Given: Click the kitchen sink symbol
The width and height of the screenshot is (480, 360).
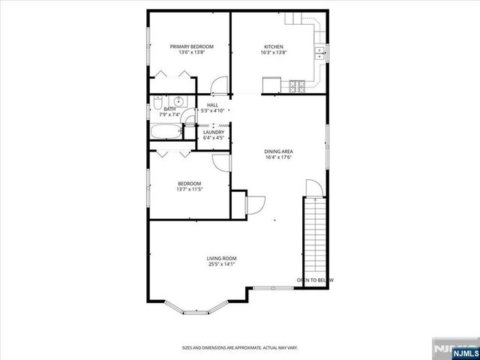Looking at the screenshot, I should [320, 52].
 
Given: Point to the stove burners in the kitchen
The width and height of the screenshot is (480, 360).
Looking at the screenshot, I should [295, 85].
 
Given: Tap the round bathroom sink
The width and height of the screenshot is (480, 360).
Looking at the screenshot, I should [180, 101].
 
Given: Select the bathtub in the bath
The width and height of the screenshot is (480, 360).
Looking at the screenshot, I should [166, 133].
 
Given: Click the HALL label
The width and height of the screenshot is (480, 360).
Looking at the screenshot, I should [212, 105].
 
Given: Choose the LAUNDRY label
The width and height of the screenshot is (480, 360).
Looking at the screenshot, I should [214, 132].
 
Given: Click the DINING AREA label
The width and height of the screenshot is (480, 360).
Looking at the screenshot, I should [277, 151].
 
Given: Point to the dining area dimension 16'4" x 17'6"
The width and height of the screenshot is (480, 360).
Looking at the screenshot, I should [277, 157].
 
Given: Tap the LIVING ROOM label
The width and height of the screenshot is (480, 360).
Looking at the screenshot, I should [221, 258].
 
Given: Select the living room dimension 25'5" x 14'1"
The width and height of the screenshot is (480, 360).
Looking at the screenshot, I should [221, 264].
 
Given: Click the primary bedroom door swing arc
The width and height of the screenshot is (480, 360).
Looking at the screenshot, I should [219, 84].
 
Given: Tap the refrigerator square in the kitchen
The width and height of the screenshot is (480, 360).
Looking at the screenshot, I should [270, 85].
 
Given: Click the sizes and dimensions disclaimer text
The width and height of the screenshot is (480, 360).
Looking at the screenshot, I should [239, 347].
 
